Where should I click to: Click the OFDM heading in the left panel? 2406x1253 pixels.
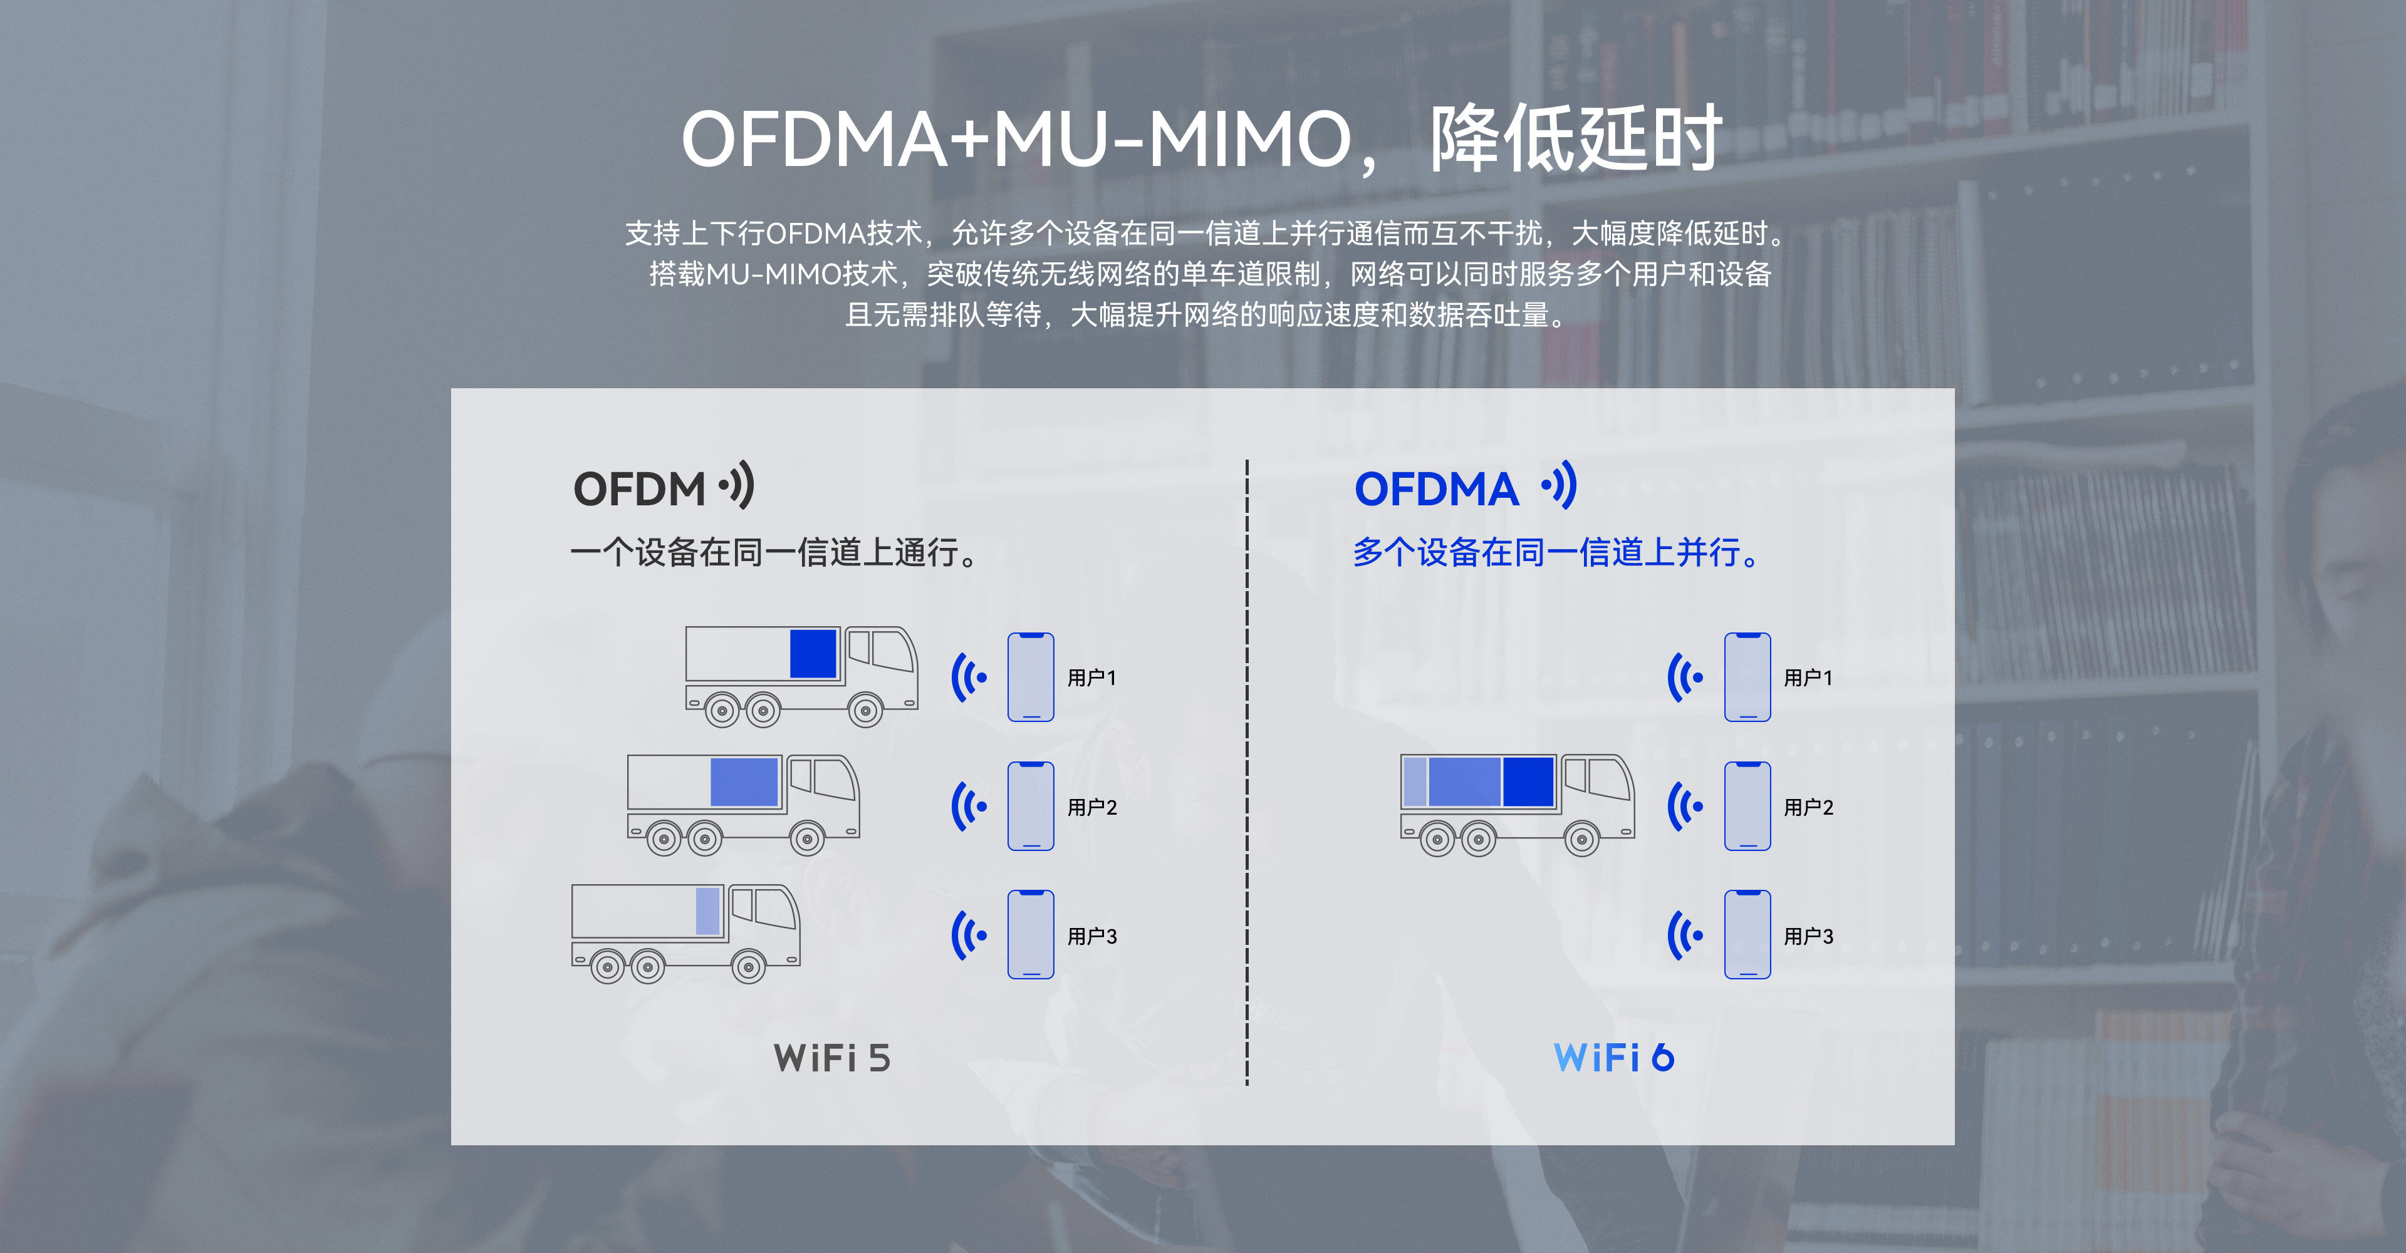639,489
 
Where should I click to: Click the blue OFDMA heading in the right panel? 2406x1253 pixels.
1437,489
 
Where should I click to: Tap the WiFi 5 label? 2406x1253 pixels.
831,1058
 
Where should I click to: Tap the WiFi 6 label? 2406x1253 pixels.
1614,1058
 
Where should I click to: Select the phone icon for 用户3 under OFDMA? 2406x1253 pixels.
1747,935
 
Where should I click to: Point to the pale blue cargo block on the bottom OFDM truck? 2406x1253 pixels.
708,910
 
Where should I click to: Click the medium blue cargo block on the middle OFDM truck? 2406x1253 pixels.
744,781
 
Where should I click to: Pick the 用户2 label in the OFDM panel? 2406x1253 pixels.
1092,807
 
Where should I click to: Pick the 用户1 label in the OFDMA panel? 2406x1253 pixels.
1808,678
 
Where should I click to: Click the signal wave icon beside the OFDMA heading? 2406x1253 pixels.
1559,485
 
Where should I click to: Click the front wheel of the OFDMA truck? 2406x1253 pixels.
1582,838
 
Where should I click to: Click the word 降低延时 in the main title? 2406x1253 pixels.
1576,138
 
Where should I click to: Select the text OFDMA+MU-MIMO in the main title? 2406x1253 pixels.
1017,139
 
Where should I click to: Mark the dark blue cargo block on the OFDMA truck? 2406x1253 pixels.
1529,781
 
